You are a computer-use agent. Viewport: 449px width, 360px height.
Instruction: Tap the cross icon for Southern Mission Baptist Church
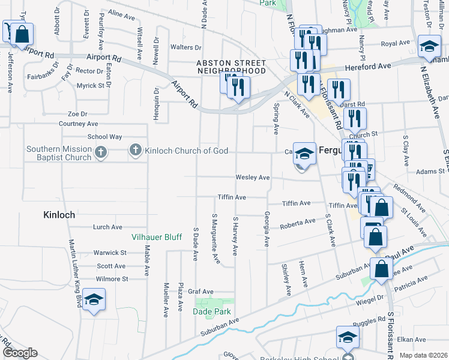pyautogui.click(x=101, y=152)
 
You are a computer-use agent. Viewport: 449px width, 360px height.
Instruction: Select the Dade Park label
pyautogui.click(x=211, y=311)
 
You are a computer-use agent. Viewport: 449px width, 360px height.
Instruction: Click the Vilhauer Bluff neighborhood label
pyautogui.click(x=157, y=237)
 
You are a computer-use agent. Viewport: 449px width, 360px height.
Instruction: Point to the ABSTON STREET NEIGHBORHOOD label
pyautogui.click(x=231, y=67)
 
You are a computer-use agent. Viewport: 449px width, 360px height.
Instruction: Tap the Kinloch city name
pyautogui.click(x=59, y=214)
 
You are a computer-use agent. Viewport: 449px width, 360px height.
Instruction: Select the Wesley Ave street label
pyautogui.click(x=252, y=178)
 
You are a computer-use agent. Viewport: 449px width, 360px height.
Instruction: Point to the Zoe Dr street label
pyautogui.click(x=77, y=113)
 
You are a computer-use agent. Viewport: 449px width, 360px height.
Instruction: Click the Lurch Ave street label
pyautogui.click(x=107, y=227)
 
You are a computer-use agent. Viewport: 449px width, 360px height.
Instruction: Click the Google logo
pyautogui.click(x=20, y=353)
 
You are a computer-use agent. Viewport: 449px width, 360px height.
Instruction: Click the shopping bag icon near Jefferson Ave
pyautogui.click(x=22, y=35)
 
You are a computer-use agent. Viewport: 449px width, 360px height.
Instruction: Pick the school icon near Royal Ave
pyautogui.click(x=429, y=47)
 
